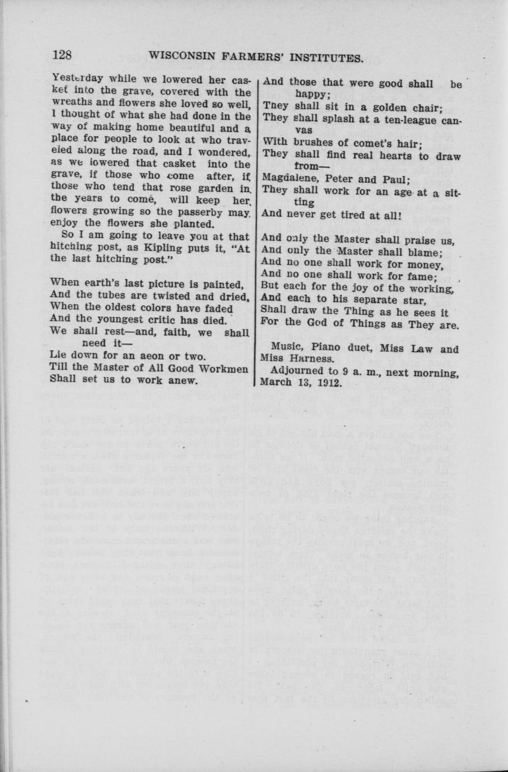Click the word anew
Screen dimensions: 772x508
(183, 380)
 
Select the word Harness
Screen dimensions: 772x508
(314, 359)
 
